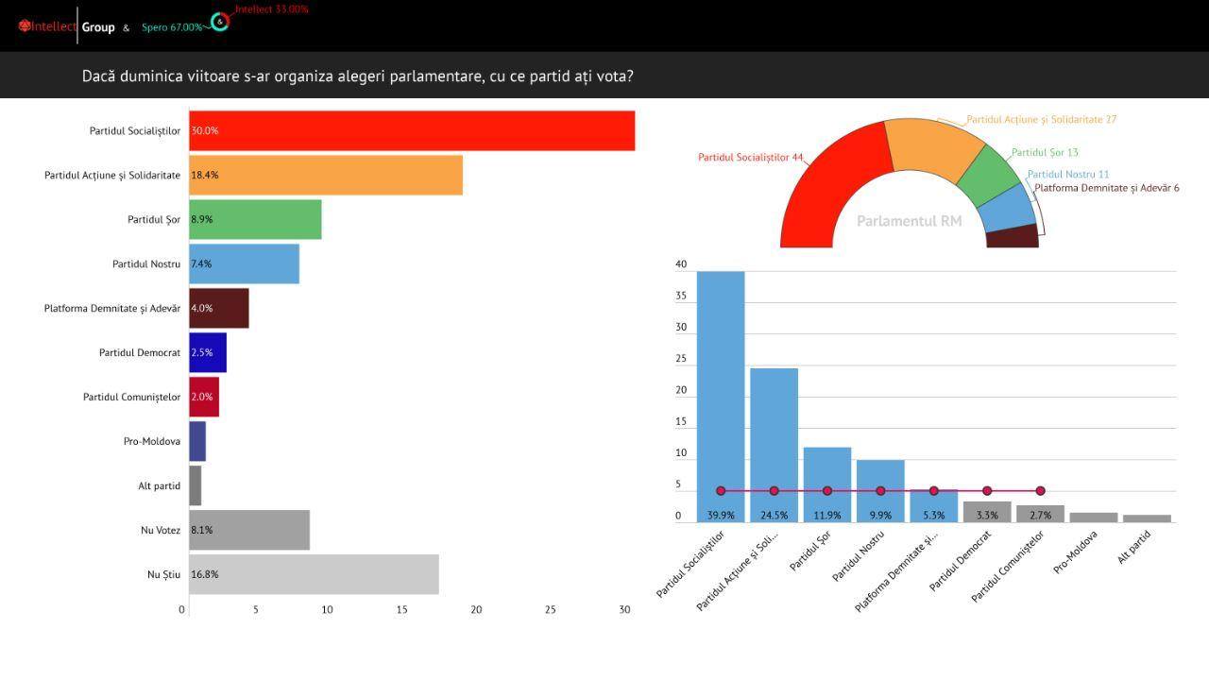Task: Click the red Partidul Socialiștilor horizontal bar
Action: point(412,130)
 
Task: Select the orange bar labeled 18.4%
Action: point(326,175)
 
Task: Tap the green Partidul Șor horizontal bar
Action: point(255,219)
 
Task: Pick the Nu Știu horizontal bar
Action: point(314,574)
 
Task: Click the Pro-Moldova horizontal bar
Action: point(197,441)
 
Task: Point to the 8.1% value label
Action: point(202,530)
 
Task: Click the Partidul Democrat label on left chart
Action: point(140,352)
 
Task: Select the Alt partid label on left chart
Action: point(159,485)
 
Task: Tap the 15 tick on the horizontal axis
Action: point(401,610)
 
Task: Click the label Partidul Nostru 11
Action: point(1068,175)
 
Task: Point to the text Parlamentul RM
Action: point(909,221)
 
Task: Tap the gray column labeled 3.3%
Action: point(987,511)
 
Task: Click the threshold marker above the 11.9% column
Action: point(827,491)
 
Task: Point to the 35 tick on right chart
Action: point(681,297)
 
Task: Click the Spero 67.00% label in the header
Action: point(172,27)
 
